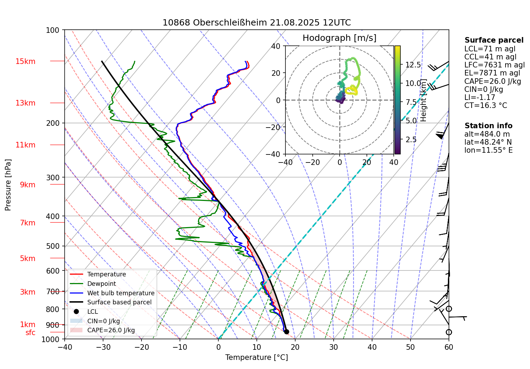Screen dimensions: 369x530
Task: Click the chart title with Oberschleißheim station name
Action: coord(256,23)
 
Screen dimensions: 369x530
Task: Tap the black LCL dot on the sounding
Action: coord(286,332)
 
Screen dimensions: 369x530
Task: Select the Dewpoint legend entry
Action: coord(101,284)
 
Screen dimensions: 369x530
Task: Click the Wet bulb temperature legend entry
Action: coord(121,293)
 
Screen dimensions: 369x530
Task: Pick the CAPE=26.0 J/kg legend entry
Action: coord(111,330)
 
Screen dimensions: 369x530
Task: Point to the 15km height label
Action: coord(25,61)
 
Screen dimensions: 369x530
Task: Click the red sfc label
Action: coord(30,333)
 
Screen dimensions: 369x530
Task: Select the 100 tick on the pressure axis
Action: coord(53,30)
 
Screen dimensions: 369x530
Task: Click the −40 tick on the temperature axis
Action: coord(65,347)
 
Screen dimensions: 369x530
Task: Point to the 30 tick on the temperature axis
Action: coord(334,347)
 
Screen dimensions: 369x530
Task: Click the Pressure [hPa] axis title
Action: coord(8,185)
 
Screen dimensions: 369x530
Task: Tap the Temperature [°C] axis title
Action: coord(256,357)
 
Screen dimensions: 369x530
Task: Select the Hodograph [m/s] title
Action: coord(339,38)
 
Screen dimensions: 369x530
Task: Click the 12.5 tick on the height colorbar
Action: coord(413,65)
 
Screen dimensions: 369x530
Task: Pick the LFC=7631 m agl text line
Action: coord(494,65)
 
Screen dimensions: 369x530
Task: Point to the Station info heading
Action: coord(488,126)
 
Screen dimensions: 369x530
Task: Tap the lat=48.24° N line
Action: coord(488,142)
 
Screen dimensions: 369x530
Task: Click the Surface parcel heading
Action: coord(494,40)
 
